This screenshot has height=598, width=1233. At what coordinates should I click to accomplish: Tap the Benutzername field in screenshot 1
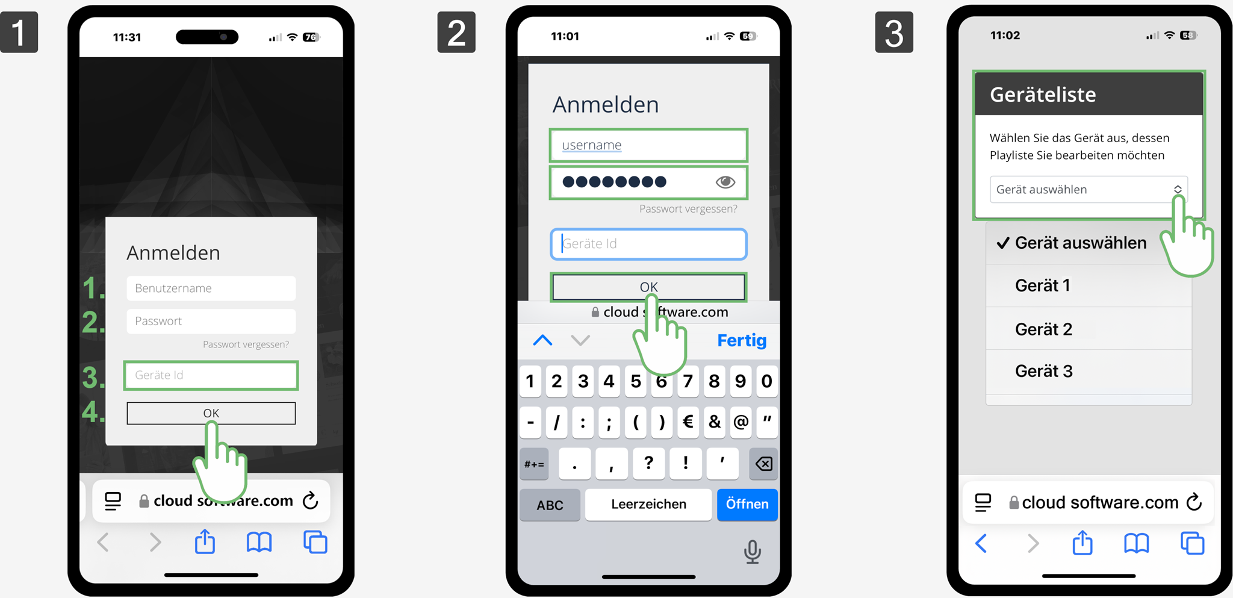pos(211,288)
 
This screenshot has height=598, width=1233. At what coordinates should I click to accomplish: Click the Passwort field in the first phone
pos(211,321)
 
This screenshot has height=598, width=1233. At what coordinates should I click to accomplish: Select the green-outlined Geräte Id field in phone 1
pos(211,375)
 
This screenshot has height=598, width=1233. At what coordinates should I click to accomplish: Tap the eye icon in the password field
pos(725,182)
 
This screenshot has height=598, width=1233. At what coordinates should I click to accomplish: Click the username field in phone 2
pos(648,145)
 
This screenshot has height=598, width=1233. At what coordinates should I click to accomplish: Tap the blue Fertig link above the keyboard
pos(742,340)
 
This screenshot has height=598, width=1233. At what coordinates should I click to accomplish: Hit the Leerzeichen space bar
pos(648,504)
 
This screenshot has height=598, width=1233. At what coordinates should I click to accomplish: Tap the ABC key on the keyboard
pos(550,505)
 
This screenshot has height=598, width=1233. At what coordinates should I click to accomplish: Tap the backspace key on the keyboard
pos(763,464)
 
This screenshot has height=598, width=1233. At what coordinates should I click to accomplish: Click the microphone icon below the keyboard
pos(752,552)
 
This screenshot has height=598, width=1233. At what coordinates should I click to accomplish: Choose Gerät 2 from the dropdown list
pos(1043,329)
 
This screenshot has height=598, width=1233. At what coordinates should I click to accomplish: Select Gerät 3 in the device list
pos(1043,371)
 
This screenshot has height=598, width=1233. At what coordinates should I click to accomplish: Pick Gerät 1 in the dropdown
pos(1042,285)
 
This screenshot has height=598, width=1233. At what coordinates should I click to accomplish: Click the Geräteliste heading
pos(1043,95)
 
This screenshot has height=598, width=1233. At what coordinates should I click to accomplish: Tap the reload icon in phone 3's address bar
pos(1194,502)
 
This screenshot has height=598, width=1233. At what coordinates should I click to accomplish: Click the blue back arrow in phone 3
pos(981,543)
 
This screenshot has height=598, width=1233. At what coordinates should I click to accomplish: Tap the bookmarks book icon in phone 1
pos(259,543)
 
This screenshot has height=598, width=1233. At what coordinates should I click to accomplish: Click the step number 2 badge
pos(456,33)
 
